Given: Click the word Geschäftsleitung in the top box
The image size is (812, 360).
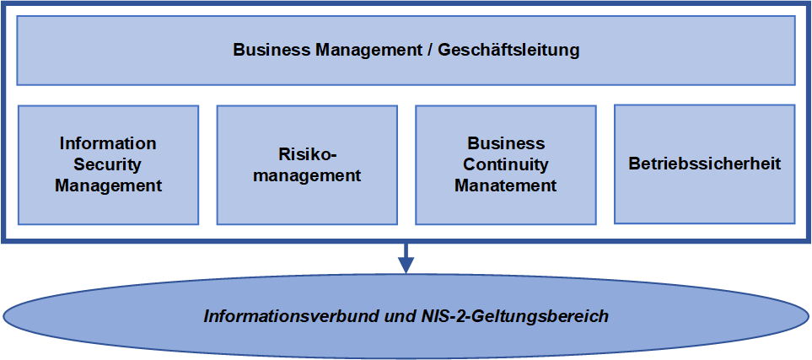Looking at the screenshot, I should pyautogui.click(x=508, y=50).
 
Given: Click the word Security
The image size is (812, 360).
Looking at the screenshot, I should pyautogui.click(x=108, y=164).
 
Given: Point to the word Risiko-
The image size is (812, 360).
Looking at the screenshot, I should pyautogui.click(x=307, y=154).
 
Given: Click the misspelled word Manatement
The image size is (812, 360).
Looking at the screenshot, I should pyautogui.click(x=506, y=185).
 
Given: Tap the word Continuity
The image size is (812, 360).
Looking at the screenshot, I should pyautogui.click(x=506, y=164).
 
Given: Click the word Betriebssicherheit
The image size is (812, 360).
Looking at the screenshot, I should pyautogui.click(x=704, y=164).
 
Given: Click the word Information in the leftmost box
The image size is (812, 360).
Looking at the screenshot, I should pyautogui.click(x=108, y=143).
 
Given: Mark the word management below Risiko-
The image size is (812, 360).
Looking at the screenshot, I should pyautogui.click(x=307, y=175).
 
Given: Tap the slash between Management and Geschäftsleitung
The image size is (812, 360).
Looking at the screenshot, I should pyautogui.click(x=430, y=50).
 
